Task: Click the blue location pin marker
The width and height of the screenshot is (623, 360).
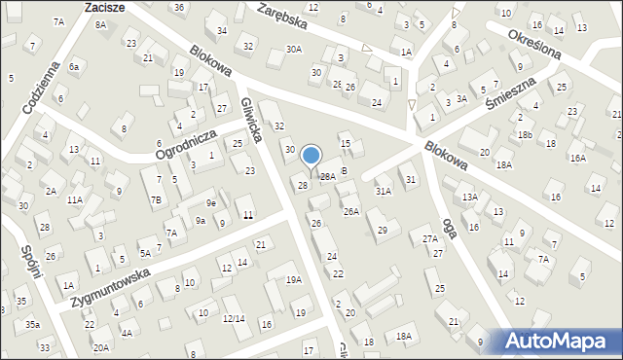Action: pos(311,157)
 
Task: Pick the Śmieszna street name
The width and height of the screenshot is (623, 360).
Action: pos(513,96)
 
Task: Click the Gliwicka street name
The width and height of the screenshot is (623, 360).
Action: pos(250,119)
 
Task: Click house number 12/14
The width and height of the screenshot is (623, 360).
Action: pos(233,318)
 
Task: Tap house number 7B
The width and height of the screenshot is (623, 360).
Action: pos(156,200)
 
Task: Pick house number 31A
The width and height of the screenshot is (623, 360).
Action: pos(384,191)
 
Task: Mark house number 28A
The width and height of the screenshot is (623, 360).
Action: pos(328,176)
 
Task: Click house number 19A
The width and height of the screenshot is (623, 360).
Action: pos(293,279)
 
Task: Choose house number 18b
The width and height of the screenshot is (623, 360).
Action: pos(525,134)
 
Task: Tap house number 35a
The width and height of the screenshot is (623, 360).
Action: pos(32,324)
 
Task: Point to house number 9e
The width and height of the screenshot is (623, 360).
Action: pos(210,202)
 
